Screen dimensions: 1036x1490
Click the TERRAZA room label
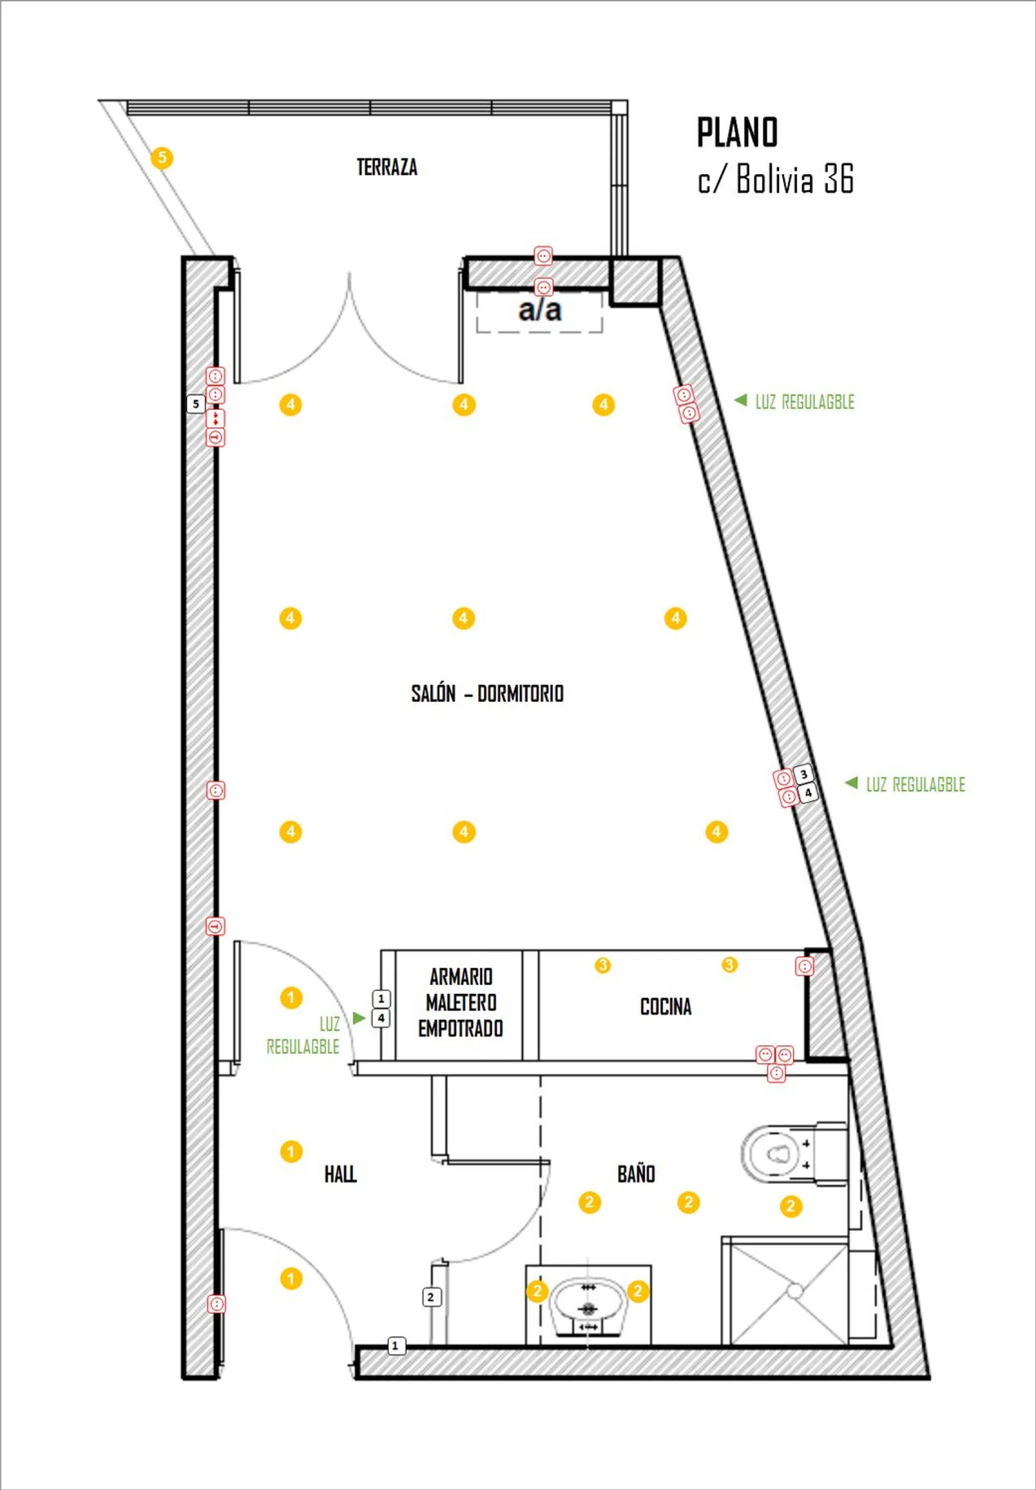(387, 167)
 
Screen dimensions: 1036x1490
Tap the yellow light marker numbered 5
(162, 157)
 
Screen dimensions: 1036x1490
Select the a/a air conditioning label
(539, 310)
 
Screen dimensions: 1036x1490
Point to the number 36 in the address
(838, 179)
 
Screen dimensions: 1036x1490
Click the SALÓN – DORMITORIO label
(487, 693)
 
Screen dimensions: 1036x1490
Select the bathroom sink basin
(588, 1305)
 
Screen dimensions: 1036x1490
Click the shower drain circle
(794, 1290)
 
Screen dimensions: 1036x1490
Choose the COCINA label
(665, 1006)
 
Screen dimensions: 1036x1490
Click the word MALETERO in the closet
(461, 1002)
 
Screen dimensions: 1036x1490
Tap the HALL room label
(340, 1174)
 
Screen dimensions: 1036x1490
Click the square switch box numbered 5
(196, 403)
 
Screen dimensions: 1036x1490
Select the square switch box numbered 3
(803, 774)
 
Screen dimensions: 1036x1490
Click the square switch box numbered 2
(431, 1297)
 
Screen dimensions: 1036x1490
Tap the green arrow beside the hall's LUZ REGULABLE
(358, 1018)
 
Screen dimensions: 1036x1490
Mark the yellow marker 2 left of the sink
(537, 1290)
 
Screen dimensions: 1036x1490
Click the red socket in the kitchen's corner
(804, 966)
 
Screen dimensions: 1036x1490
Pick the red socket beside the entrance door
(216, 1303)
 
